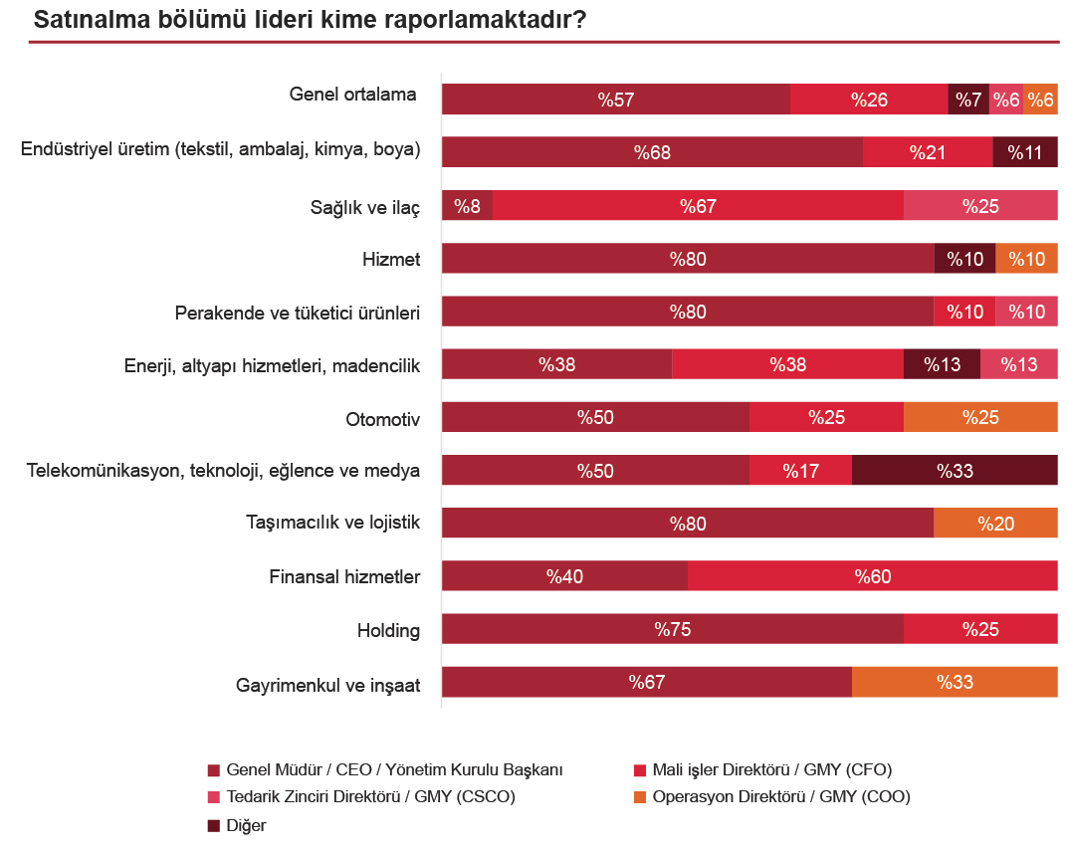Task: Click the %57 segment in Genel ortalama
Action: pyautogui.click(x=616, y=100)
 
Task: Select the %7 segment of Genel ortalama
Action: pyautogui.click(x=968, y=100)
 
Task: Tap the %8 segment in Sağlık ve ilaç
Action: pyautogui.click(x=467, y=206)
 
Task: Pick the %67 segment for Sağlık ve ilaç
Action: pyautogui.click(x=698, y=206)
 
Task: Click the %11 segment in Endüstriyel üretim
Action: pyautogui.click(x=1024, y=152)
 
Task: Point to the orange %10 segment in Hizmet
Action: pyautogui.click(x=1026, y=259)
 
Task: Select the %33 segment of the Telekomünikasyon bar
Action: pyautogui.click(x=955, y=471)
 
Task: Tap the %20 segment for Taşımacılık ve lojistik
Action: pyautogui.click(x=995, y=524)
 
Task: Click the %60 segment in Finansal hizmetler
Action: pyautogui.click(x=872, y=576)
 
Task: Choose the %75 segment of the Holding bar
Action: pyautogui.click(x=672, y=629)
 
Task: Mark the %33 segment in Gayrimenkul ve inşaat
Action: pyautogui.click(x=955, y=682)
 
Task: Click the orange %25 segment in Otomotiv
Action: pyautogui.click(x=980, y=417)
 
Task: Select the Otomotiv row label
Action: pyautogui.click(x=382, y=418)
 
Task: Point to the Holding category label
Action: pyautogui.click(x=388, y=630)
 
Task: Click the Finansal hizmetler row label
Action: pyautogui.click(x=344, y=577)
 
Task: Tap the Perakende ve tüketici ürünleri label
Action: pyautogui.click(x=297, y=313)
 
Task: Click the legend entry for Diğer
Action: pyautogui.click(x=245, y=825)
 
